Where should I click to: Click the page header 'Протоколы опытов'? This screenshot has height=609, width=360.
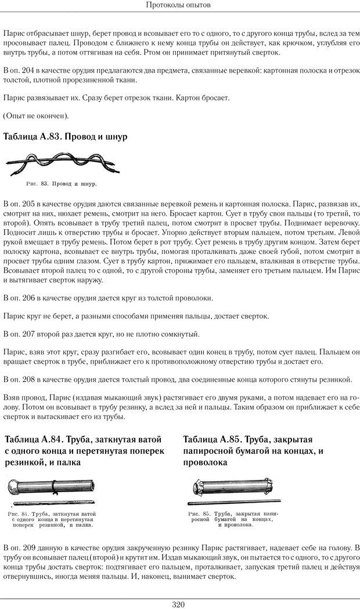[179, 5]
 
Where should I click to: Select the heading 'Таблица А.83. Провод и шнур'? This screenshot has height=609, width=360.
[65, 137]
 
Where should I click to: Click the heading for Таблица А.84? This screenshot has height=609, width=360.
[84, 450]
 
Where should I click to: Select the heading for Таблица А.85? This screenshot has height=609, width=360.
[253, 450]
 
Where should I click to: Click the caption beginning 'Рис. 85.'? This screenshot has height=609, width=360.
[228, 520]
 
